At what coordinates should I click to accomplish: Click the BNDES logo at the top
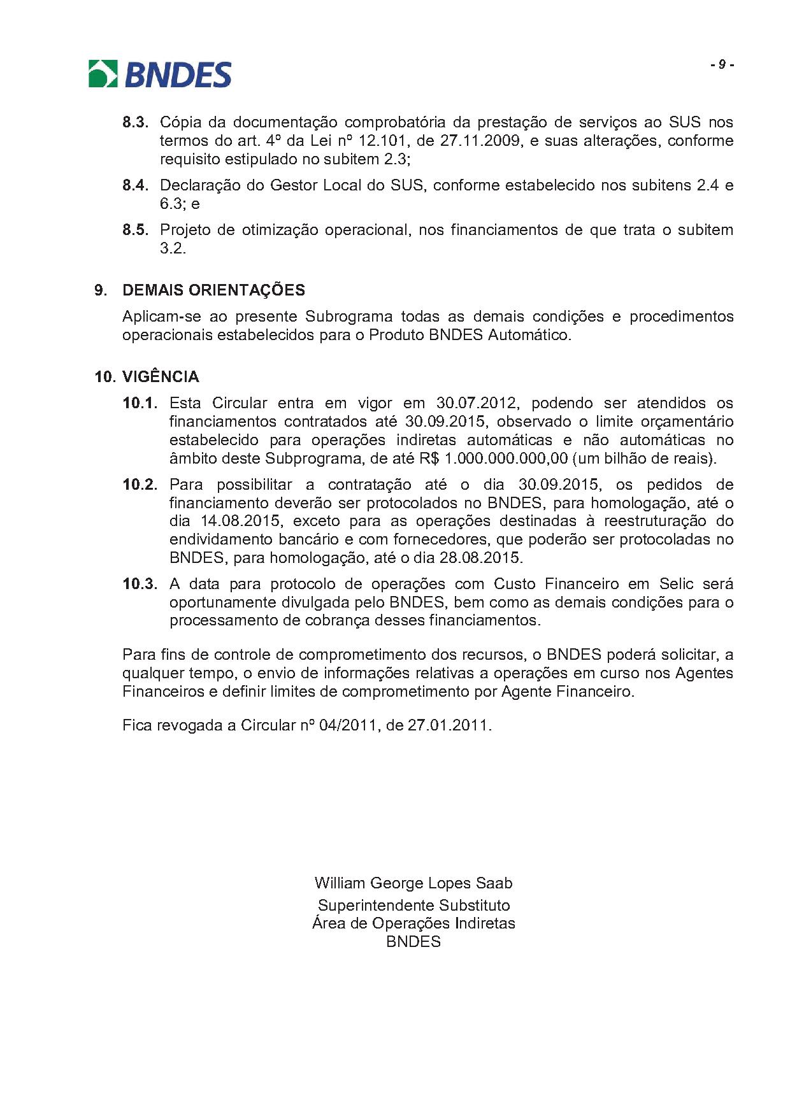160,74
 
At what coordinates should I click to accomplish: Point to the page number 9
722,65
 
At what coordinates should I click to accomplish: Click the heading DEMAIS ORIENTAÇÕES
213,290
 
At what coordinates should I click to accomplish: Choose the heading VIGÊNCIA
161,377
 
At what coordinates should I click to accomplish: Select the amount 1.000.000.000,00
506,459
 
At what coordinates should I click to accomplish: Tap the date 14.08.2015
241,521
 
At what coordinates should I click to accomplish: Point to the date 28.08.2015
480,558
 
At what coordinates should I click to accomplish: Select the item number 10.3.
140,584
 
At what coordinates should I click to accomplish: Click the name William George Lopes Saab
413,883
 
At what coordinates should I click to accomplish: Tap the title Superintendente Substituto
413,906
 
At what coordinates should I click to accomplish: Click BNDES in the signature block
413,942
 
